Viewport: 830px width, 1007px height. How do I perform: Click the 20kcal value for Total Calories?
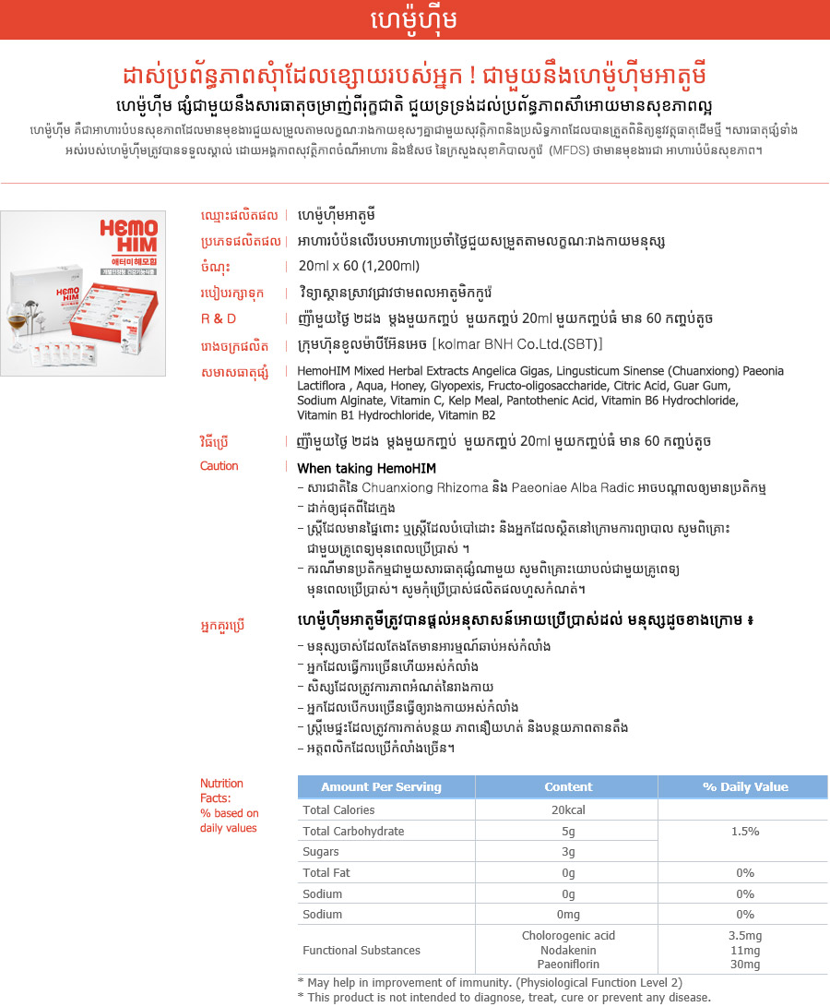tap(568, 809)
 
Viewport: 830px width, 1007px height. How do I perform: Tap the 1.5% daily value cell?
tap(744, 831)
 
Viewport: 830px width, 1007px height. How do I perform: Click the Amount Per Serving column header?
tap(381, 787)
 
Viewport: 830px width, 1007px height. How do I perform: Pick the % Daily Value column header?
tap(744, 787)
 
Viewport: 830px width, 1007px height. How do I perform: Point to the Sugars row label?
tap(322, 852)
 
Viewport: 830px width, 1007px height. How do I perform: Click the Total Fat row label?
tap(326, 872)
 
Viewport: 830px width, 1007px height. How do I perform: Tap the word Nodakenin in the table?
tap(568, 950)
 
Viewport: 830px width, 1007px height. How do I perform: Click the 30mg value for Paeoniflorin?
tap(744, 965)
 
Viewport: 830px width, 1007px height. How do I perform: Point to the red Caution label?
tap(219, 466)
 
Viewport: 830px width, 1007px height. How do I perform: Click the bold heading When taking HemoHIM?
tap(366, 468)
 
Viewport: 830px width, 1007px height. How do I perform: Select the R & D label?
tap(219, 318)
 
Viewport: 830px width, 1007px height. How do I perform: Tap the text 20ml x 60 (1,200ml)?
tap(359, 267)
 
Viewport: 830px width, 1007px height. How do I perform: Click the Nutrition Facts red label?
tap(222, 790)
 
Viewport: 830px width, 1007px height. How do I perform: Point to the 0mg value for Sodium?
tap(568, 915)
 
